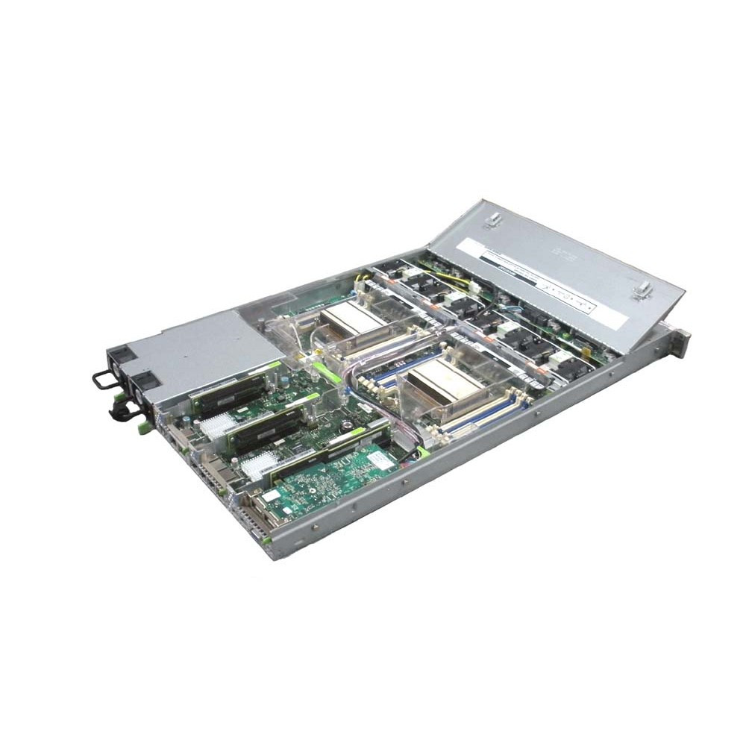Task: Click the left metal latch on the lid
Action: [x=492, y=221]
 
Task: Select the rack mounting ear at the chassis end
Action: [x=677, y=342]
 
